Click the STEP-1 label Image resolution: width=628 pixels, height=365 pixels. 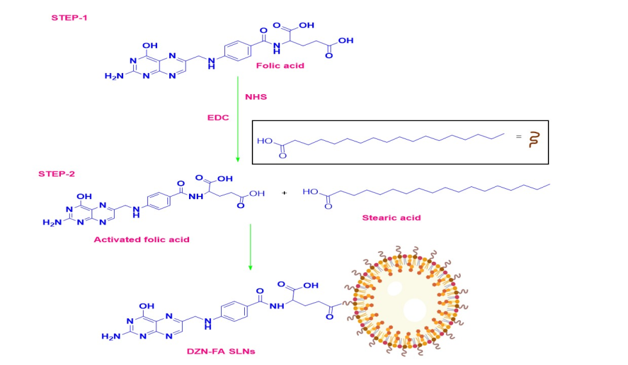coord(70,17)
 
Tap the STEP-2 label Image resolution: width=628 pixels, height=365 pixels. coord(57,173)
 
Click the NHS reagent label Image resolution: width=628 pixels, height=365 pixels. coord(255,97)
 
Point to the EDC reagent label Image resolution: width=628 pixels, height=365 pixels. coord(219,118)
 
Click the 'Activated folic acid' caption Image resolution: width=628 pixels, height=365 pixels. coord(142,239)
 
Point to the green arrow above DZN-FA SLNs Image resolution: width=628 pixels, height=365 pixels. coord(250,247)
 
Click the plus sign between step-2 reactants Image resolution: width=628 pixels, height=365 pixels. coord(285,193)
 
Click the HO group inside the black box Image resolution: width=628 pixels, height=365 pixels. coord(264,141)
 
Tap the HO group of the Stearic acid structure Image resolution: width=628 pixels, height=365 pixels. coord(311,191)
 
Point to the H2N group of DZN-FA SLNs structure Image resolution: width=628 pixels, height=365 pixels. coord(110,336)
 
